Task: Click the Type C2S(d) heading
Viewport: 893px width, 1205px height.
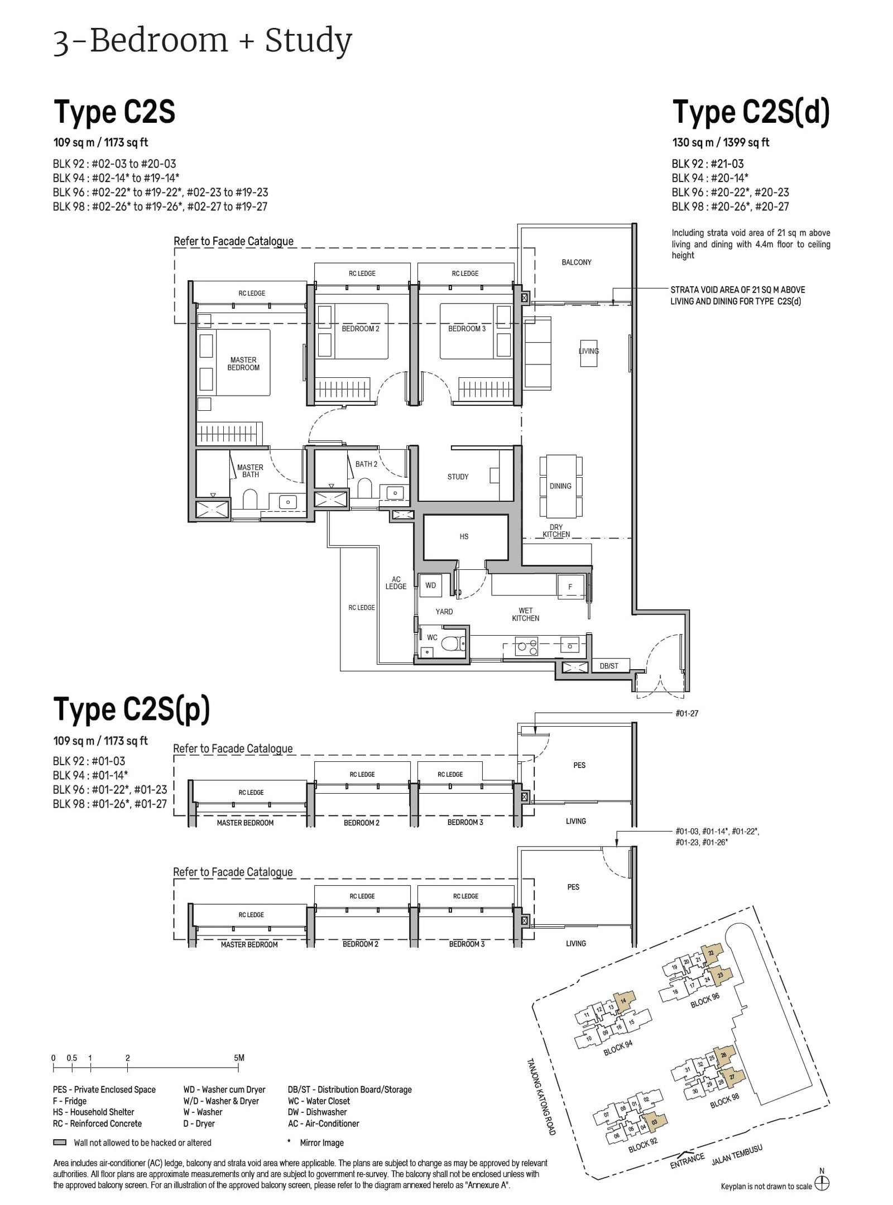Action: [x=751, y=112]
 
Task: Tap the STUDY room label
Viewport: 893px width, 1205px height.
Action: [x=458, y=477]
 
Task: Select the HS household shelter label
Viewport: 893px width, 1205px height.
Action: [x=464, y=536]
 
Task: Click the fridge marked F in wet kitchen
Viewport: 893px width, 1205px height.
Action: [x=570, y=587]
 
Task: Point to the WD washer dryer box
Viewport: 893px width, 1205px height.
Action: [x=430, y=585]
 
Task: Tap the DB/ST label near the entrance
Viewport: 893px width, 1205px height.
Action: [x=609, y=666]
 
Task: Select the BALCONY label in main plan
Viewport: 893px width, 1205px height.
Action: [x=577, y=262]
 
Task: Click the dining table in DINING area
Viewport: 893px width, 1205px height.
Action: [x=560, y=486]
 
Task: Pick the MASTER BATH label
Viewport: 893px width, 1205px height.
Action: [x=250, y=471]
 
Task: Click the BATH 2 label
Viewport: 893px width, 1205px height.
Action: [x=366, y=464]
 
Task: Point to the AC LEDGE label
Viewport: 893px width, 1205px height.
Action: [x=396, y=583]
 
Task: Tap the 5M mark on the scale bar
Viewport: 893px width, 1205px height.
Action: [x=239, y=1058]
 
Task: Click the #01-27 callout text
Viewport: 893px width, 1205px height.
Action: [x=686, y=713]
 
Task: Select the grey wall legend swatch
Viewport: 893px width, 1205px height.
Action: [x=60, y=1142]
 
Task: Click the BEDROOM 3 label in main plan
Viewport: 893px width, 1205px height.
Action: [x=467, y=329]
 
